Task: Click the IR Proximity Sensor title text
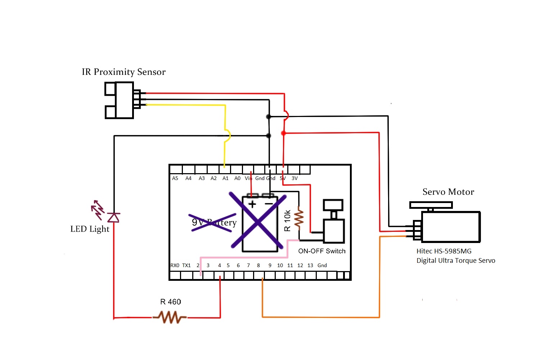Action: click(123, 72)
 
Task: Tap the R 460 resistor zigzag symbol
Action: click(170, 318)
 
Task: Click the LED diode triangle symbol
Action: click(114, 217)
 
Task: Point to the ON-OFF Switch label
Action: click(321, 251)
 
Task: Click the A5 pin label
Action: click(175, 178)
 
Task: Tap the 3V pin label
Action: click(294, 178)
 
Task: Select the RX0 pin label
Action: click(175, 265)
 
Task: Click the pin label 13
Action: click(310, 265)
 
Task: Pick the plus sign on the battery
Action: click(252, 204)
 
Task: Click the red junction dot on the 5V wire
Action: click(283, 133)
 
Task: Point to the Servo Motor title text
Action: click(448, 192)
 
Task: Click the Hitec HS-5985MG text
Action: click(444, 251)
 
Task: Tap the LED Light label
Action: click(90, 229)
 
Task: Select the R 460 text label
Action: click(171, 302)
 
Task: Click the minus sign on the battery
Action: click(269, 204)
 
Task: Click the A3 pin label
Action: click(202, 178)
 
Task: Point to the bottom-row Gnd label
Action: click(322, 265)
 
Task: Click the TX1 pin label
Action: click(186, 265)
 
